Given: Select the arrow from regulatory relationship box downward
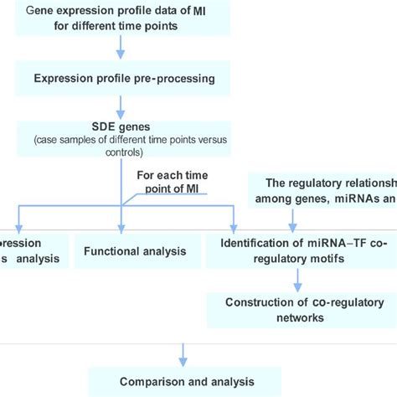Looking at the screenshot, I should pyautogui.click(x=291, y=219).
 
